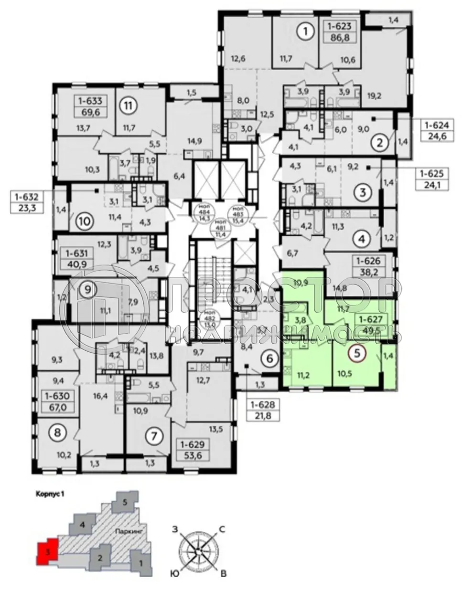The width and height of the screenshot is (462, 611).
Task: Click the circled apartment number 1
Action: (305, 32)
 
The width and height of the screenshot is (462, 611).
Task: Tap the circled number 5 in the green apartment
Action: (356, 353)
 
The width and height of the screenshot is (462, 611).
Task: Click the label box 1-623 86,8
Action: (342, 32)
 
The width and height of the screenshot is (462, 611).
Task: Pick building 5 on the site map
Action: (125, 503)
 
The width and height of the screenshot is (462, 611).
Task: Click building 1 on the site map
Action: (140, 563)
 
